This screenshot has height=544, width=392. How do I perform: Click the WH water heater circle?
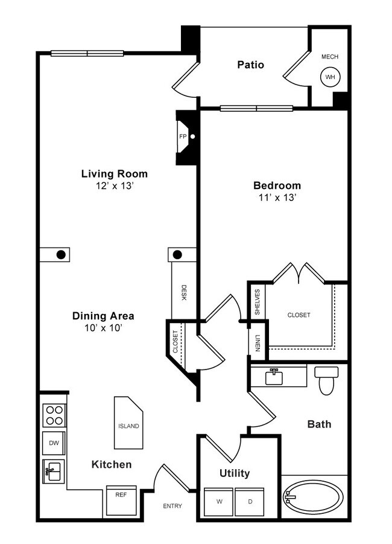[330, 77]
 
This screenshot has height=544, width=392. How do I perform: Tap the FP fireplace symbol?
[183, 136]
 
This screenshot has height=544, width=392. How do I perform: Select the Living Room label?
[115, 174]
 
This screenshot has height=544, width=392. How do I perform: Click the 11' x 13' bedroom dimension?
[277, 197]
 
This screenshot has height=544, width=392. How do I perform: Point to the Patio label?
[250, 65]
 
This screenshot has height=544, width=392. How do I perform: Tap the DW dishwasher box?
[54, 443]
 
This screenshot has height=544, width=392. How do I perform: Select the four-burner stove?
[54, 415]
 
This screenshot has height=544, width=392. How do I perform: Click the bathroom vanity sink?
[274, 377]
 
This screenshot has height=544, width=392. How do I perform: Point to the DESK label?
[183, 293]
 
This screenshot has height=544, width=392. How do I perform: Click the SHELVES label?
[258, 301]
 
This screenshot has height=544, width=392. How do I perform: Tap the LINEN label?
[258, 342]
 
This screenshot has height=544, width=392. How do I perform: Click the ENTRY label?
[172, 506]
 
